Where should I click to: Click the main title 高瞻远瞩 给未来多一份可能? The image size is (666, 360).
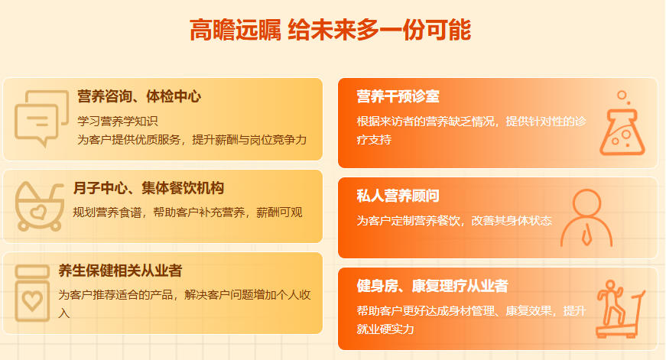click(x=330, y=30)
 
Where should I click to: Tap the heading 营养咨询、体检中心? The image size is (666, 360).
click(x=139, y=96)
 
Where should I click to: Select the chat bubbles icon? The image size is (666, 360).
click(x=41, y=118)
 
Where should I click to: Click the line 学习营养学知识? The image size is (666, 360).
click(x=117, y=122)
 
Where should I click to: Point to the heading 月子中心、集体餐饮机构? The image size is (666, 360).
click(x=148, y=187)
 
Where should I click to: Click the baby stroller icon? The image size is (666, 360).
click(x=39, y=206)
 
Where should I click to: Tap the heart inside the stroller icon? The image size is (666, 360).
click(x=37, y=212)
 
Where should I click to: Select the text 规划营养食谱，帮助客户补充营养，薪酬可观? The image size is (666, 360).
click(x=187, y=212)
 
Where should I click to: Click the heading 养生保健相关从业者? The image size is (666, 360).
click(x=120, y=271)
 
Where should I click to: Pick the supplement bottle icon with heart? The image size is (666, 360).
click(x=32, y=294)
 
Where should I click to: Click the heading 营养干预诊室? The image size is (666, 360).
click(x=398, y=96)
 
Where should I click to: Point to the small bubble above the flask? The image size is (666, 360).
click(x=622, y=95)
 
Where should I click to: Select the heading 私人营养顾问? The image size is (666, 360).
click(x=398, y=196)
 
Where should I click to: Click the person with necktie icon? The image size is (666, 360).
click(x=586, y=218)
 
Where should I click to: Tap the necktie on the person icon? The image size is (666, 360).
click(x=586, y=236)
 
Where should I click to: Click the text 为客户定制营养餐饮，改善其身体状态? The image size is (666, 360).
click(x=454, y=221)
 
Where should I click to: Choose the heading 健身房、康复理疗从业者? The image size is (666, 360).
click(x=432, y=286)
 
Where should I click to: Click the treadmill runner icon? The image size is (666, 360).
click(x=621, y=309)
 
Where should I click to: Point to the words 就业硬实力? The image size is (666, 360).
click(x=385, y=329)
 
